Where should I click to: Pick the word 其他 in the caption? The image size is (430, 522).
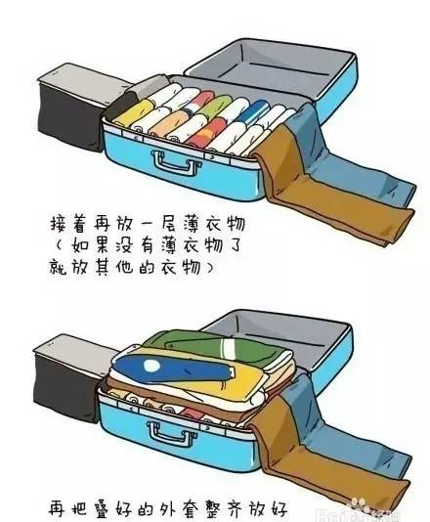pos(128,265)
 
